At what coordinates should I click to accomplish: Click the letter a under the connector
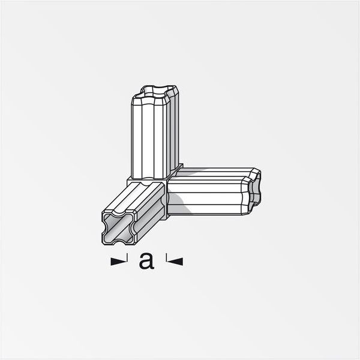coord(146,260)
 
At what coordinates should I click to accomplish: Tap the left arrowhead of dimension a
coord(116,260)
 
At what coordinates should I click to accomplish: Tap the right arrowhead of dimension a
coord(178,260)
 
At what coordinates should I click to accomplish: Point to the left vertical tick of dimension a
coord(127,260)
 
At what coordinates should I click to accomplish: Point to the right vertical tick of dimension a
coord(166,260)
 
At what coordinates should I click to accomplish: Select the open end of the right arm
coord(255,190)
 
